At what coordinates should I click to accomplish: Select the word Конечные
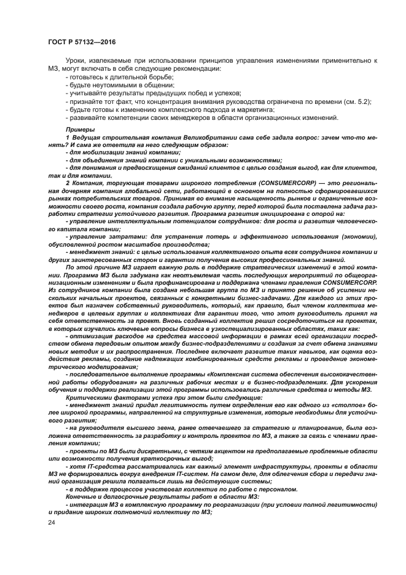(x=84, y=495)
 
